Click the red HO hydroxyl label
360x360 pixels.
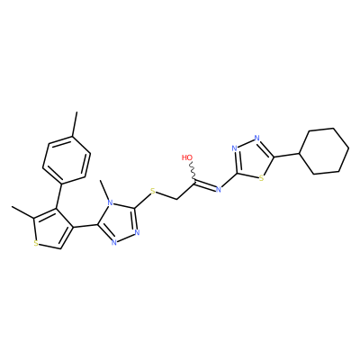187,157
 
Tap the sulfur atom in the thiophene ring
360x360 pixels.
36,243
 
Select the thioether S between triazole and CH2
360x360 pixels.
153,192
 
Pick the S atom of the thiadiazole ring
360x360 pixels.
261,178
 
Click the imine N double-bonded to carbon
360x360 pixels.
219,189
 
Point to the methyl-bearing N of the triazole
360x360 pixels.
111,203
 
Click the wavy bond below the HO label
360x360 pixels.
193,172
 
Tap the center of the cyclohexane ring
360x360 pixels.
325,151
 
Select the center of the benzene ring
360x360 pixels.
67,160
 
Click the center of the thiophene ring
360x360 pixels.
51,229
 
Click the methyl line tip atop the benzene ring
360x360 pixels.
76,112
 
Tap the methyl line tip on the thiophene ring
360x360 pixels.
12,206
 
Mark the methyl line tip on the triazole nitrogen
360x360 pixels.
101,180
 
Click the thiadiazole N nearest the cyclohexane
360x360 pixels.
256,138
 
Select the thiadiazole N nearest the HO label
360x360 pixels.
235,148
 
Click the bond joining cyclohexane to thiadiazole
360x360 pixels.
287,155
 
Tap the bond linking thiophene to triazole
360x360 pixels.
85,225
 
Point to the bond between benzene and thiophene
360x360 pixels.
58,195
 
